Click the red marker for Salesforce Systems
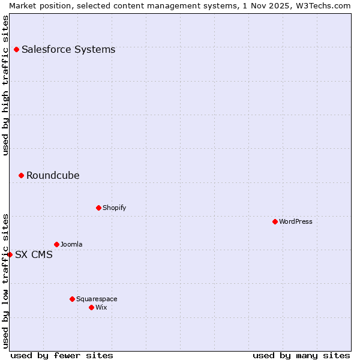point(16,49)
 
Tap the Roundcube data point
point(21,175)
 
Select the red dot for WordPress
point(275,221)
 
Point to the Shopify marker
point(98,208)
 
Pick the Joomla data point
point(56,244)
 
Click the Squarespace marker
point(72,299)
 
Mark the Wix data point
point(91,307)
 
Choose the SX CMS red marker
point(10,254)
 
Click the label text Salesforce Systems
point(68,49)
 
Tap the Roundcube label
point(53,175)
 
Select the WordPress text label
point(296,221)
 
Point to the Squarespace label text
point(97,299)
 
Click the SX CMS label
point(34,254)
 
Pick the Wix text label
point(101,307)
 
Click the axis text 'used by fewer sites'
point(62,355)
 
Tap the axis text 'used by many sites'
point(301,355)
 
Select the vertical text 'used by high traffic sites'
point(5,85)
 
